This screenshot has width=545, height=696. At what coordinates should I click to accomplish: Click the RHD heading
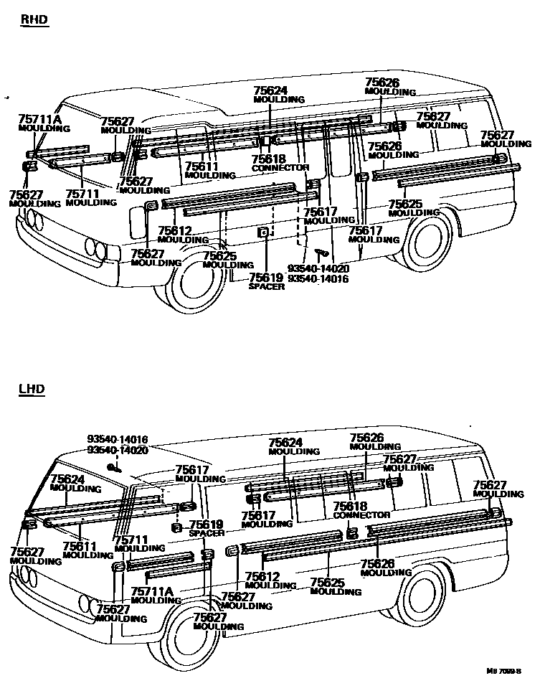tap(34, 19)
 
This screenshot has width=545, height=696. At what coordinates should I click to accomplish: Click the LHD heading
tap(32, 390)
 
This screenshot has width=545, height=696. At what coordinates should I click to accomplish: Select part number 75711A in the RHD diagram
tap(39, 119)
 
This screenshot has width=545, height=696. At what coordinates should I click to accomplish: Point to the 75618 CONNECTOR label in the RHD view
tap(280, 163)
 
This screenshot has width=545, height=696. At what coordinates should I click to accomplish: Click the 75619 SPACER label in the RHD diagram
tap(266, 281)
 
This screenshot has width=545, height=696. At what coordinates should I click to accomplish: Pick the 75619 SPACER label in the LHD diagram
tap(206, 528)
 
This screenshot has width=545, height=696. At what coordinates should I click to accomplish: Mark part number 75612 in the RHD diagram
tap(174, 230)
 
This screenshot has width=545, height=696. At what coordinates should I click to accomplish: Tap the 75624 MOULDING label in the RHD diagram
tap(280, 95)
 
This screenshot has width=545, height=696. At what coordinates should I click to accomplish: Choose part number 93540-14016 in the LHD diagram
tap(118, 439)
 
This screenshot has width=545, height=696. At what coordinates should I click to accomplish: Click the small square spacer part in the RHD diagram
tap(263, 232)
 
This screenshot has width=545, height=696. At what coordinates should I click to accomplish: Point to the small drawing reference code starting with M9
tap(503, 672)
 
